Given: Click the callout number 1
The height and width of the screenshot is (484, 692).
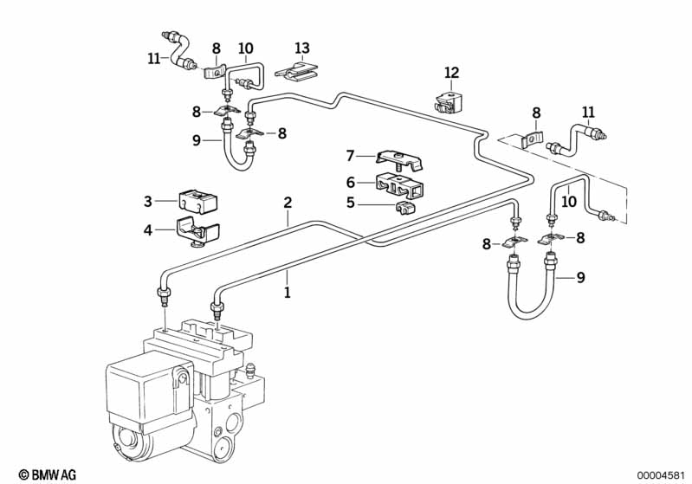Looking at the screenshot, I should point(287,293).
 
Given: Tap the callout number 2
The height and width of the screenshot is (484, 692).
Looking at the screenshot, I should point(287,203).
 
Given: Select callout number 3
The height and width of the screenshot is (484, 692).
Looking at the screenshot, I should point(149,201).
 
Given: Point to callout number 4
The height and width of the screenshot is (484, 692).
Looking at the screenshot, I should point(149,230).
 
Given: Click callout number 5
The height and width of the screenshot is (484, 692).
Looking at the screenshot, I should point(351,203).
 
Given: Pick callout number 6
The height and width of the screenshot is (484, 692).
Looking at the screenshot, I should point(351,182).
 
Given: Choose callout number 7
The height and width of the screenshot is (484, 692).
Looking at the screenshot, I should point(351,156).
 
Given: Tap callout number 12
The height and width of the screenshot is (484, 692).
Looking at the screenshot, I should point(451,73).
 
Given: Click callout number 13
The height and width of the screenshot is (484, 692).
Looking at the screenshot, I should point(301,48).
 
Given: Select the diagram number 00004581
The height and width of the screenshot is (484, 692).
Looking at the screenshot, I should point(660,474).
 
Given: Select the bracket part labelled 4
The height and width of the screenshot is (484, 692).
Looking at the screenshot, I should point(197,232).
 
